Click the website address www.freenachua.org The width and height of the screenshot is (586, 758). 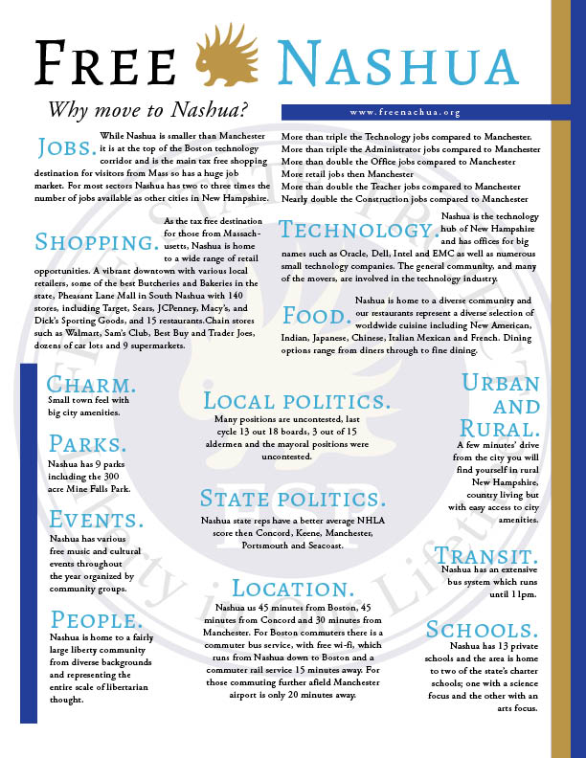[x=405, y=111]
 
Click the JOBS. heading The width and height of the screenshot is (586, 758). [x=66, y=148]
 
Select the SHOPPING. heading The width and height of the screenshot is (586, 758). [x=92, y=240]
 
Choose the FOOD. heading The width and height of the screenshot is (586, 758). [x=313, y=315]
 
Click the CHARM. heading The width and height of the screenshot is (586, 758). [x=92, y=385]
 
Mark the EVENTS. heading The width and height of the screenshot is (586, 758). [x=97, y=520]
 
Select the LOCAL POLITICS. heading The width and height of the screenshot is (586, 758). [x=297, y=401]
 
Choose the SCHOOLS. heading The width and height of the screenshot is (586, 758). [x=482, y=630]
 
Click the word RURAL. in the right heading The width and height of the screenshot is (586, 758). [x=500, y=428]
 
